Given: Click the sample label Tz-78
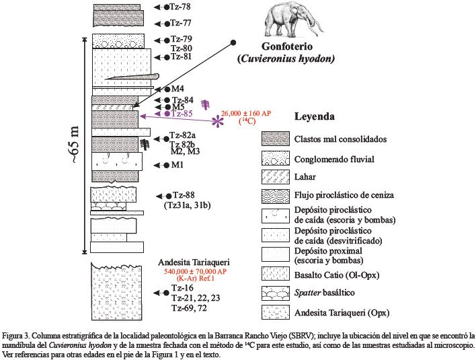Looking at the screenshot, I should [181, 7].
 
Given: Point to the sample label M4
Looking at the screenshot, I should [177, 89].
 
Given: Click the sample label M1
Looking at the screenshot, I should [177, 164].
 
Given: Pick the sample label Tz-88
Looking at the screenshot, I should [182, 195].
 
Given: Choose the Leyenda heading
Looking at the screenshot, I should [315, 116].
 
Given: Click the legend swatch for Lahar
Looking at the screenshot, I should [274, 176].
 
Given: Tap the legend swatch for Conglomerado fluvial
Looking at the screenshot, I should [274, 159].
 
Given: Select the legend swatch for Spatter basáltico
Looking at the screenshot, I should [274, 293].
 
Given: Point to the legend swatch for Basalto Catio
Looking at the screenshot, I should [274, 275].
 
